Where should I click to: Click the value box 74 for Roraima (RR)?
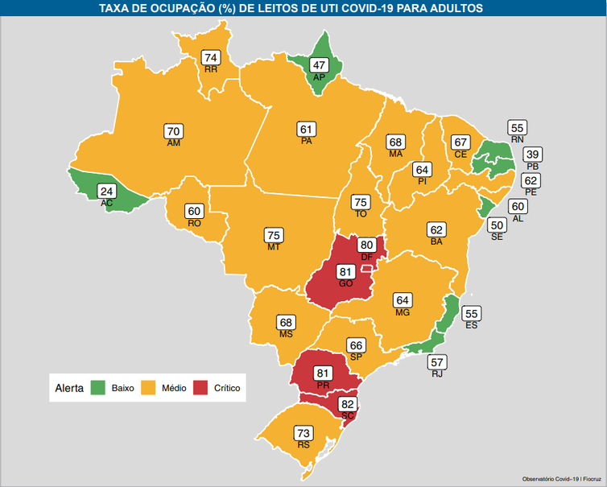coord(212,58)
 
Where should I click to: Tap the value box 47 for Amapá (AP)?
coord(319,65)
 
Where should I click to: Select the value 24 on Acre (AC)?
coord(106,192)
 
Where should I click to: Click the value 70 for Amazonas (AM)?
coord(173,131)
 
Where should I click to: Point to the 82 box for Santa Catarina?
coord(348,404)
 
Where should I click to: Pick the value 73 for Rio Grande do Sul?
coord(303,433)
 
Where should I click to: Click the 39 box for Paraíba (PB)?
coord(532,155)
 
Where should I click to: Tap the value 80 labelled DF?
coord(366,245)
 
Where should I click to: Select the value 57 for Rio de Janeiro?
coord(437,361)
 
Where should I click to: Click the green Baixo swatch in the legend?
coord(98,388)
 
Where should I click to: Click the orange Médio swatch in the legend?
coord(147,388)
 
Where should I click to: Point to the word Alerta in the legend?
coord(69,388)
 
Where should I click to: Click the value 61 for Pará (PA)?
coord(306,130)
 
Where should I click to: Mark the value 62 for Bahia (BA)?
coord(437,229)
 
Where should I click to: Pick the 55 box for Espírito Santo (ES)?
coord(472,313)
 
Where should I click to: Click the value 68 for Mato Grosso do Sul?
coord(286,322)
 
